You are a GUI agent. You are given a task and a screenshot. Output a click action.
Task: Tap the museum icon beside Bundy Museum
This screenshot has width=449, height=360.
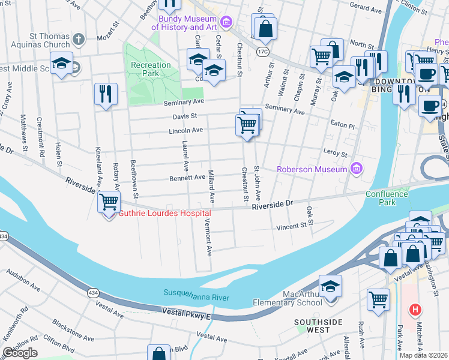click(x=226, y=23)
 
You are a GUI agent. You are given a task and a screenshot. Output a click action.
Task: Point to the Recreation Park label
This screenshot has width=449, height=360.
click(x=152, y=69)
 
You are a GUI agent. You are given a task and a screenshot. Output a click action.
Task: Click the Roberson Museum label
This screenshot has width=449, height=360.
click(x=312, y=169)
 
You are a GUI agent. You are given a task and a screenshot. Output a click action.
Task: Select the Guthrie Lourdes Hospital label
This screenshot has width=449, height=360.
click(x=164, y=214)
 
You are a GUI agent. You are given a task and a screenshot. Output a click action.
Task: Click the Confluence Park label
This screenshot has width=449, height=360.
click(x=389, y=198)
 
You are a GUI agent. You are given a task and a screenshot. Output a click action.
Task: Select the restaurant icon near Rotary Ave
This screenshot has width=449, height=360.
click(x=106, y=94)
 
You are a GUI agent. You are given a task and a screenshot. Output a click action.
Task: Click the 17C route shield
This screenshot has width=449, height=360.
click(x=263, y=52)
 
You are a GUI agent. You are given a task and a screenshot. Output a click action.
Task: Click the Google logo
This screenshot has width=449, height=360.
click(x=20, y=353)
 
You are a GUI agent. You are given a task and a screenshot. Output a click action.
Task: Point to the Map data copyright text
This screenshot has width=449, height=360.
click(x=424, y=355)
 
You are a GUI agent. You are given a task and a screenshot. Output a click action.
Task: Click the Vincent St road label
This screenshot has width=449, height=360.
click(x=291, y=227)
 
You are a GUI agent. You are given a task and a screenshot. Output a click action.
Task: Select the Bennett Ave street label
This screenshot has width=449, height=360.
click(x=188, y=178)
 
